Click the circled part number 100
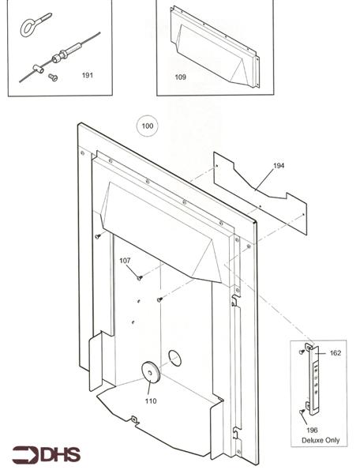[147, 126]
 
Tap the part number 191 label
[87, 75]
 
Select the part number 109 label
[180, 77]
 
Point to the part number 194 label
[279, 166]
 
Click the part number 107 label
[126, 261]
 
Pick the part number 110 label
[150, 401]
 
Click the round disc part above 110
[148, 372]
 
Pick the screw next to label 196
[302, 412]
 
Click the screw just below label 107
[139, 277]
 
